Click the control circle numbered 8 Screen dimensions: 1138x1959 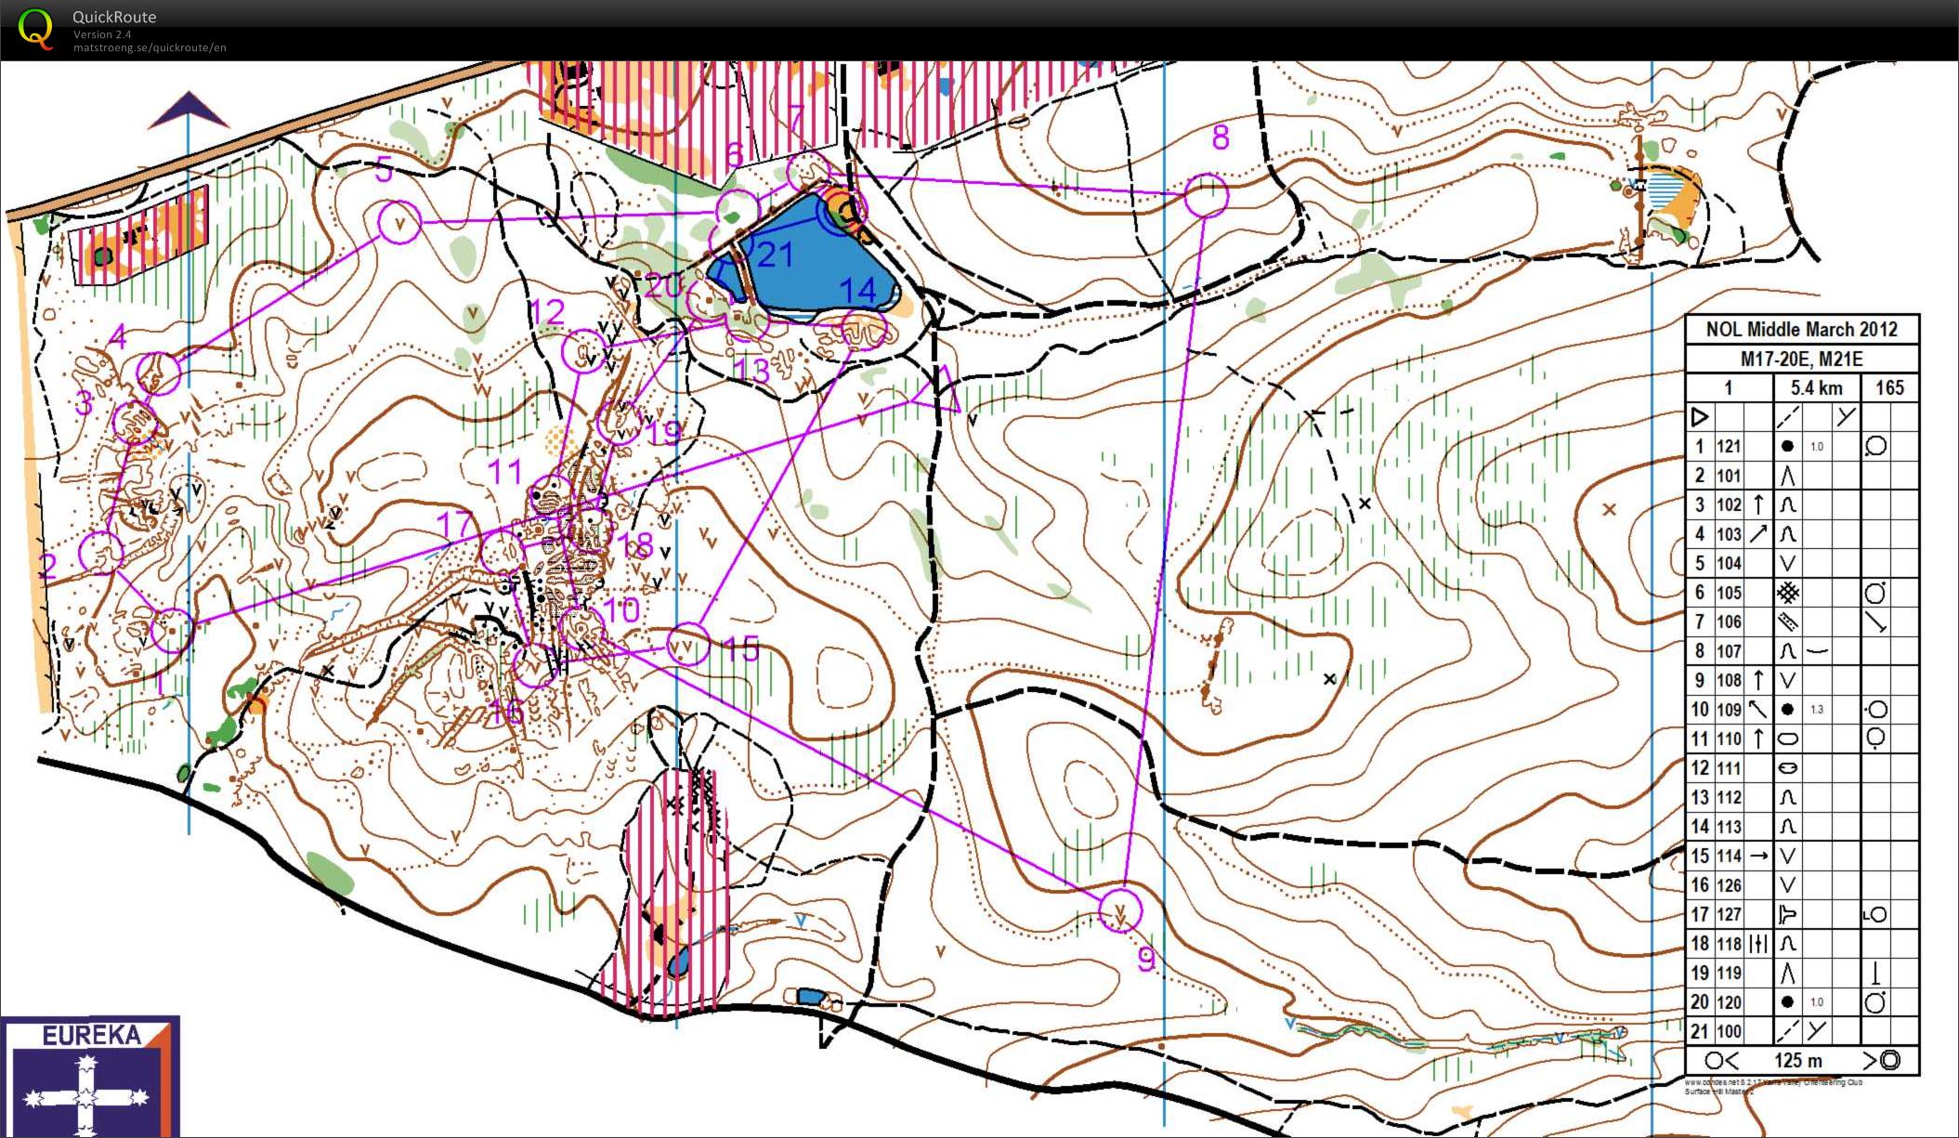click(1207, 196)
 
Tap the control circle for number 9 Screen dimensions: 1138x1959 click(1120, 909)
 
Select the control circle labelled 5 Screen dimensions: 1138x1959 click(399, 224)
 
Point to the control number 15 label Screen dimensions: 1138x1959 click(741, 648)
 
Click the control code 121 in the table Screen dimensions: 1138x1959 click(1728, 446)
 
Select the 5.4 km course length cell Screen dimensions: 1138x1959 click(1816, 387)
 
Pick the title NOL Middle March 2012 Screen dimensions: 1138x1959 click(1801, 329)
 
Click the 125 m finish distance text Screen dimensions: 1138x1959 click(1798, 1060)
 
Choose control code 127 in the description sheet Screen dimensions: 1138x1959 click(1728, 914)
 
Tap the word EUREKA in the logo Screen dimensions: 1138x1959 click(91, 1035)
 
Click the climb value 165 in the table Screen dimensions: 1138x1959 click(1889, 387)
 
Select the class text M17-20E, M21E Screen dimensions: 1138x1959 click(1801, 359)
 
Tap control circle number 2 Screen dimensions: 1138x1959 click(100, 553)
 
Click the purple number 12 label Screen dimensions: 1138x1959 click(548, 312)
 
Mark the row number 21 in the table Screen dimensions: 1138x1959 click(1699, 1031)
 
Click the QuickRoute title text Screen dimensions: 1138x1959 click(114, 17)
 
